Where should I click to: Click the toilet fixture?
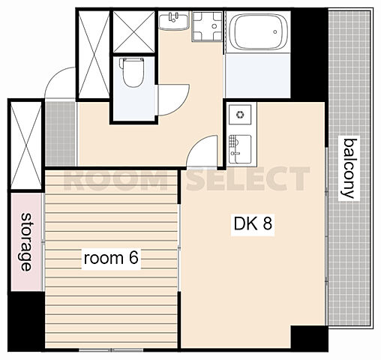(x=133, y=72)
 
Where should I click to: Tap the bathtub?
(x=257, y=31)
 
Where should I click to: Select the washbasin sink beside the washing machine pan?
(x=174, y=21)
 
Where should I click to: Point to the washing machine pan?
(x=207, y=26)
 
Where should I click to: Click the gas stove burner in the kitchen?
(x=240, y=115)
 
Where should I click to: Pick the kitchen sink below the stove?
(x=240, y=149)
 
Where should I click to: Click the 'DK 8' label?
(x=253, y=223)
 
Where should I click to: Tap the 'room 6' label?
(x=111, y=258)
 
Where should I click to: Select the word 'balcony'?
(x=349, y=168)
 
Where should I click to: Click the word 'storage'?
(x=26, y=241)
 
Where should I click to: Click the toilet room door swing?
(x=173, y=100)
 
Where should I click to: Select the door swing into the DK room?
(x=202, y=151)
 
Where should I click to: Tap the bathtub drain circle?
(x=275, y=31)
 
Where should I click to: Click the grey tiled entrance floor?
(x=61, y=133)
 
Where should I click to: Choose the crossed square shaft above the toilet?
(x=134, y=31)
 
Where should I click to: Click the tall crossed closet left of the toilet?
(x=94, y=55)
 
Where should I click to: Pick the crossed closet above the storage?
(x=26, y=145)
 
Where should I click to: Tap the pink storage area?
(x=26, y=241)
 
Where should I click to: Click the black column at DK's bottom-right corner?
(x=309, y=337)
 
